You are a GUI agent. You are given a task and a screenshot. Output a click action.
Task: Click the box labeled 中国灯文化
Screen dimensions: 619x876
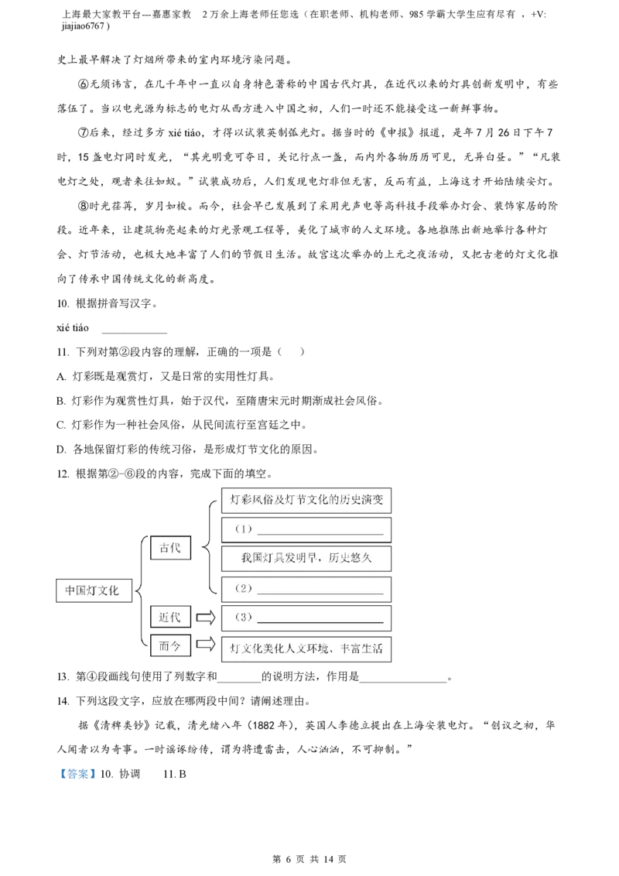[x=94, y=590]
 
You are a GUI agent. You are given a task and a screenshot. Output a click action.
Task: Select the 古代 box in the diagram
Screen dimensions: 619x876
[x=170, y=548]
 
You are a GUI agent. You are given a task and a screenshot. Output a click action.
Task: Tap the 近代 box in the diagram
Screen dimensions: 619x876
[x=170, y=618]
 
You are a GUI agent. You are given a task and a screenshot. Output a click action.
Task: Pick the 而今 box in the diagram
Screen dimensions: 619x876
[x=170, y=646]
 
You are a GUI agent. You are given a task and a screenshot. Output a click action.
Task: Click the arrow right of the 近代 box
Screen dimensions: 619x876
[x=206, y=618]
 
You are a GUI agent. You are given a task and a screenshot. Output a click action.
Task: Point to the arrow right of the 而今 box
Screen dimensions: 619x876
[x=206, y=645]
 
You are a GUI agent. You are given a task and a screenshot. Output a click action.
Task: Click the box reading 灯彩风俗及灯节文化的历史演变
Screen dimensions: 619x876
[x=306, y=500]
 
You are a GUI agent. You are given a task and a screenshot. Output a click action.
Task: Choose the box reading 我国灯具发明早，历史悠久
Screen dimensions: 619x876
[x=306, y=558]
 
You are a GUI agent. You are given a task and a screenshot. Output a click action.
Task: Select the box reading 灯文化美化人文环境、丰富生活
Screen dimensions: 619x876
[x=306, y=649]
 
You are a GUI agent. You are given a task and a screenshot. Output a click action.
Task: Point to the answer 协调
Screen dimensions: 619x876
[x=130, y=775]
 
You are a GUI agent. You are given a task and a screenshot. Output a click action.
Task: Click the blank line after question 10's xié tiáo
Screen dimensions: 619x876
[x=134, y=333]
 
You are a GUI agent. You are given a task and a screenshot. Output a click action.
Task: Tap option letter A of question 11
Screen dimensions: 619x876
[x=61, y=377]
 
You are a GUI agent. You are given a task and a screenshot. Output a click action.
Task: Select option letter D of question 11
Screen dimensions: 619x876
[x=61, y=450]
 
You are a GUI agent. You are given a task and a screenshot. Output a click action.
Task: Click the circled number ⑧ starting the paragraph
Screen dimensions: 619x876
[x=84, y=206]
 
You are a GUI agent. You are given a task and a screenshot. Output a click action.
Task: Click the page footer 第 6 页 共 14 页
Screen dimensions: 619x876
[x=309, y=859]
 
